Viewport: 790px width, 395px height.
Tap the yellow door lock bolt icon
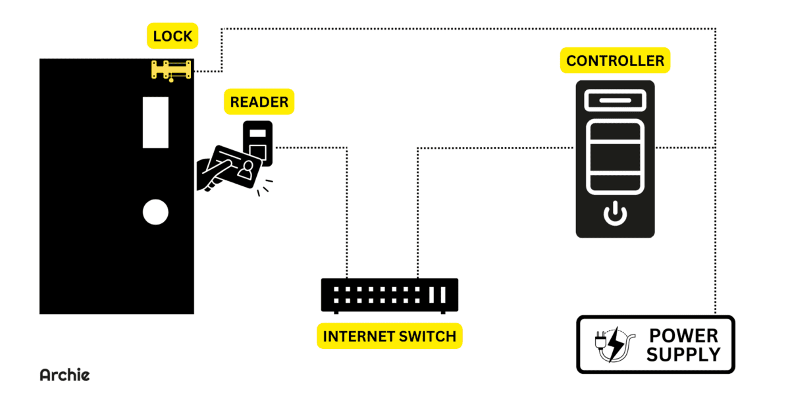click(172, 70)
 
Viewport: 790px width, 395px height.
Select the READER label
click(259, 102)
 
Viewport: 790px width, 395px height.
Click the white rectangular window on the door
click(156, 122)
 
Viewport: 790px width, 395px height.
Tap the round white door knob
click(156, 212)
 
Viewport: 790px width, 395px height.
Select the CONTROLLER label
click(615, 61)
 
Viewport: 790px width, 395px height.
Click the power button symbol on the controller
click(615, 214)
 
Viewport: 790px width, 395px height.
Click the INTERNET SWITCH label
click(389, 336)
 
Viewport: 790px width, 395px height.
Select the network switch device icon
click(389, 294)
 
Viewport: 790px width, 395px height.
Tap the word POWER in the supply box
click(683, 336)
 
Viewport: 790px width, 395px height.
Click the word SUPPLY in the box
click(683, 355)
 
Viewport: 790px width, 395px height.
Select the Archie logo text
click(65, 375)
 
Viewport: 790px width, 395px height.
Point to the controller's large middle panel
click(615, 158)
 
